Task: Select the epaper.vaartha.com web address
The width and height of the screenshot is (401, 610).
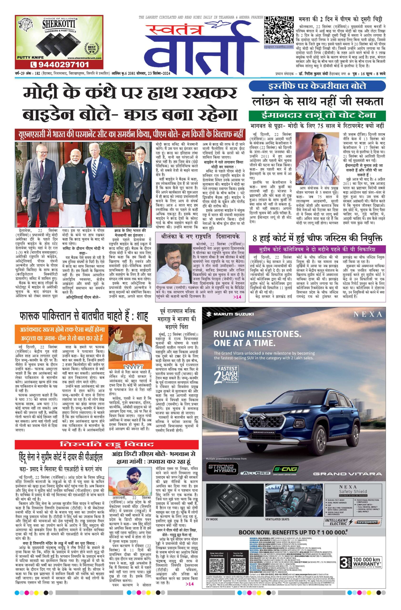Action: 279,47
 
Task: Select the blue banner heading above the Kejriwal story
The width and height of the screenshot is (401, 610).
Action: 317,86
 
